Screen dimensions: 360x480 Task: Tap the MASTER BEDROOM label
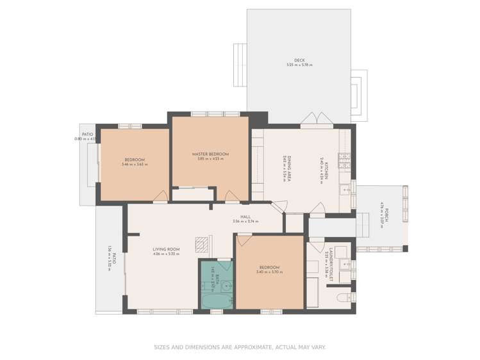point(210,154)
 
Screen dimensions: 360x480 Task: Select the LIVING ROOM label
point(166,249)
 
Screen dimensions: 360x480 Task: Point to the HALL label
point(245,217)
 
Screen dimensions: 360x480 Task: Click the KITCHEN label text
point(325,168)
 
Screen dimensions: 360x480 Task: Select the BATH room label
point(217,279)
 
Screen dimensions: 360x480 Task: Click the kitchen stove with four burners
point(344,157)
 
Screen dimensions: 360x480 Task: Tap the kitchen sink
point(344,189)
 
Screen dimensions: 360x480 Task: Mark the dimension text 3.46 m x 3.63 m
point(135,165)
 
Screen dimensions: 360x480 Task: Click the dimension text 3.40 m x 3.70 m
point(269,272)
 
